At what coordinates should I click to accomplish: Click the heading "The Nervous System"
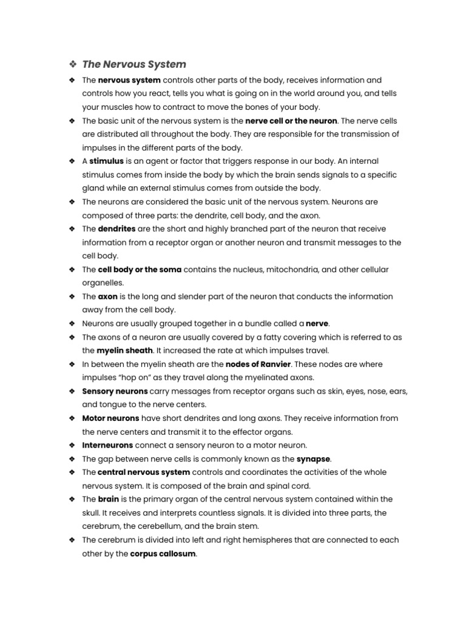(x=134, y=64)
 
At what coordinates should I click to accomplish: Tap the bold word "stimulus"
(x=106, y=161)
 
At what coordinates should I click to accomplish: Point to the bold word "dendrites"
(x=116, y=229)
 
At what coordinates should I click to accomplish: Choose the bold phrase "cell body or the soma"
(x=140, y=269)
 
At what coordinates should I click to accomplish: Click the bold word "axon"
(x=108, y=297)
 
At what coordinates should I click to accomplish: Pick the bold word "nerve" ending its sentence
(x=317, y=324)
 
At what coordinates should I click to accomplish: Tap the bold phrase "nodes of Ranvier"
(x=258, y=364)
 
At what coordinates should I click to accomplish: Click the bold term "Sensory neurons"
(x=115, y=391)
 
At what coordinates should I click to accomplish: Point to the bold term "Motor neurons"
(x=110, y=418)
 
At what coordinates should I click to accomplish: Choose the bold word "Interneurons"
(x=107, y=445)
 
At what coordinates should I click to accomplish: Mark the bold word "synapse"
(x=314, y=458)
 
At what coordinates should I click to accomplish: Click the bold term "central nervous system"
(x=144, y=472)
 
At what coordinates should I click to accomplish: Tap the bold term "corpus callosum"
(x=163, y=553)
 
